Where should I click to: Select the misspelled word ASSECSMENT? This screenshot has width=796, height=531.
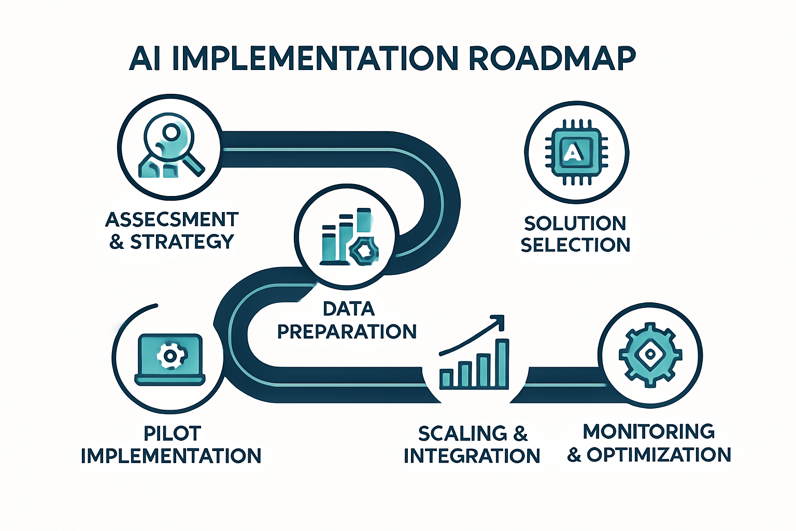coord(172,220)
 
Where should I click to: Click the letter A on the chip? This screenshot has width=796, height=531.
coord(572,152)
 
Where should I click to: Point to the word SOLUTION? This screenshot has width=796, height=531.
coord(575,223)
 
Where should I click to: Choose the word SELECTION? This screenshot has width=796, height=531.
coord(575,245)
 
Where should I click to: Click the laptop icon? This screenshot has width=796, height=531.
coord(169,360)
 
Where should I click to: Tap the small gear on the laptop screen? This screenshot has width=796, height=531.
coord(169,356)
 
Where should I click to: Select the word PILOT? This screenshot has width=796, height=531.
coord(172,434)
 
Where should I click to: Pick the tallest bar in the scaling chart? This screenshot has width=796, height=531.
coord(502,363)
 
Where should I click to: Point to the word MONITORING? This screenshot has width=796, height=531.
coord(649,431)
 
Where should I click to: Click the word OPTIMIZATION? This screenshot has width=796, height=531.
coord(659,455)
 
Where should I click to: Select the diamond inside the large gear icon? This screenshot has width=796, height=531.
coord(649,355)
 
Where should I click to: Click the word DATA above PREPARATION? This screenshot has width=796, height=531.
coord(348,309)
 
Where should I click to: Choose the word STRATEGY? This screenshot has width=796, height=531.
coord(182,242)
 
